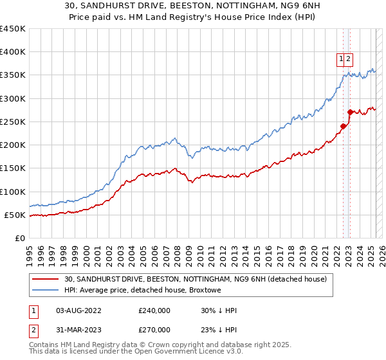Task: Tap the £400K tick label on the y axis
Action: click(12, 52)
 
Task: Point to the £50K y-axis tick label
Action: click(15, 215)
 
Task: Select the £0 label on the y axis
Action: click(20, 239)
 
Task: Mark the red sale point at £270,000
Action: click(350, 112)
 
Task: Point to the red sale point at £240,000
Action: click(343, 126)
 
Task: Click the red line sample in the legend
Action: click(46, 279)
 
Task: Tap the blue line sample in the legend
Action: click(46, 291)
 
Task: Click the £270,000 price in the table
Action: click(154, 329)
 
